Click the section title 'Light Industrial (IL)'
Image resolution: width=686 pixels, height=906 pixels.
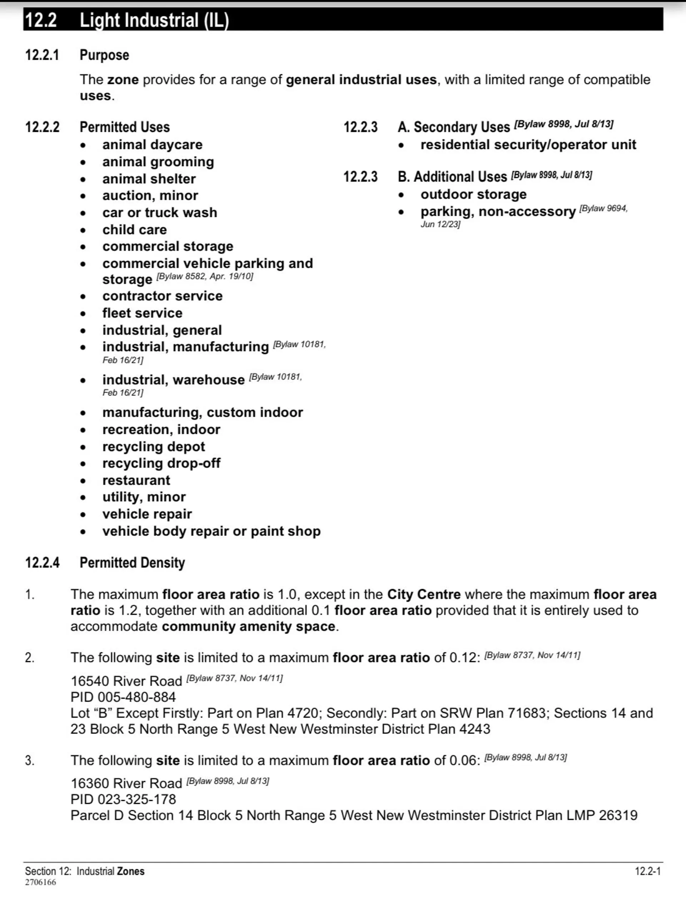154,20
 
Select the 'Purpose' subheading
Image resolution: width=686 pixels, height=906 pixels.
104,55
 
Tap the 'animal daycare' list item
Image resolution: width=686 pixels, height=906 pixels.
152,145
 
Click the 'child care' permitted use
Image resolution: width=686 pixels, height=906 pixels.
134,230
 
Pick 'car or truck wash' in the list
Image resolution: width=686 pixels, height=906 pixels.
160,213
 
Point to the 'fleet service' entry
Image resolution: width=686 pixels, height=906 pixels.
142,313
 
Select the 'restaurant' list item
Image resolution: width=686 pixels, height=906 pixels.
136,480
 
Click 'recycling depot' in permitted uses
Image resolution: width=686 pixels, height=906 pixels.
154,446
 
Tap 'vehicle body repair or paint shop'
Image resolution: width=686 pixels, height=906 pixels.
211,531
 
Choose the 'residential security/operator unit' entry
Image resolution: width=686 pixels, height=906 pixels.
528,145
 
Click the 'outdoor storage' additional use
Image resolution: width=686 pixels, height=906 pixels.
473,194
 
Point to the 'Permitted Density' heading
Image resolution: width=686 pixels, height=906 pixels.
132,563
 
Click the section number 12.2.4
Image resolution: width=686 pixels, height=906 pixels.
42,563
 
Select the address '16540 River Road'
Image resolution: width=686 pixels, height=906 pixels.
126,681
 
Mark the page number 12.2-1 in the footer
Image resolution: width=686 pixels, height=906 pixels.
647,871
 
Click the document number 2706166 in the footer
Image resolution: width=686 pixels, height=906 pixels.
40,882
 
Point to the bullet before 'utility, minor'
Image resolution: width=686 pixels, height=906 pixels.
83,497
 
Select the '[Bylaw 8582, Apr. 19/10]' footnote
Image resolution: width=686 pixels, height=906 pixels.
205,277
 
